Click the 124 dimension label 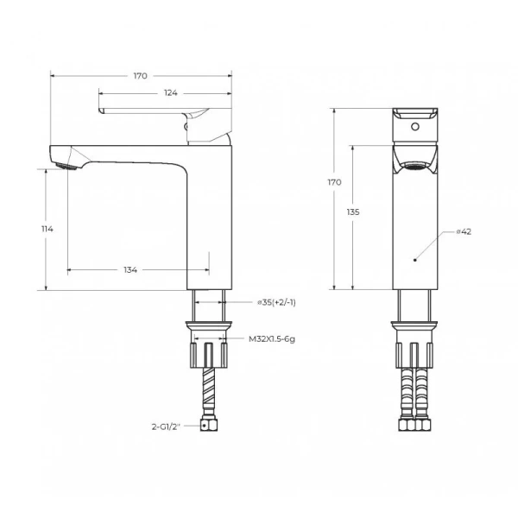pyautogui.click(x=165, y=92)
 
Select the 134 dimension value pyautogui.click(x=130, y=270)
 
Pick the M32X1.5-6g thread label pyautogui.click(x=272, y=340)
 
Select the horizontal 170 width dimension pyautogui.click(x=140, y=76)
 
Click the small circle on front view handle pyautogui.click(x=415, y=128)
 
